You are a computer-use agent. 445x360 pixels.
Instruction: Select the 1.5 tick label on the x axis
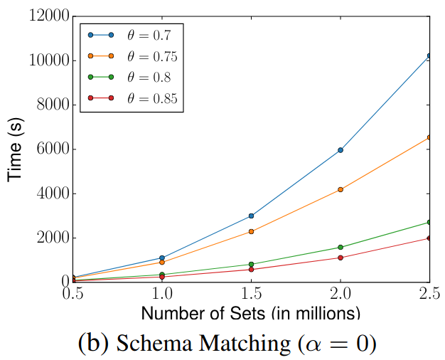[x=251, y=294]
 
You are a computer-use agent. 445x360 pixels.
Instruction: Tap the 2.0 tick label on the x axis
[x=341, y=294]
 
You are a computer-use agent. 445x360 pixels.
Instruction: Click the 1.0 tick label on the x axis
[x=162, y=294]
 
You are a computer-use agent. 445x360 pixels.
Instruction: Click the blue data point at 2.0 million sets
[x=341, y=150]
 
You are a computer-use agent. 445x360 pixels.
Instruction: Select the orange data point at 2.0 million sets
[x=341, y=190]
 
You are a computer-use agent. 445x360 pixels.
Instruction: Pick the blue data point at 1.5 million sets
[x=252, y=216]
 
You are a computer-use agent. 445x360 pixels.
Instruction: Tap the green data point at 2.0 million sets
[x=341, y=247]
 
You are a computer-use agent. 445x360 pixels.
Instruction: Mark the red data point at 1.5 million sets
[x=252, y=269]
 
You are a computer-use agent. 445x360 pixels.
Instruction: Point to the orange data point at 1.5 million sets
[x=252, y=231]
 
